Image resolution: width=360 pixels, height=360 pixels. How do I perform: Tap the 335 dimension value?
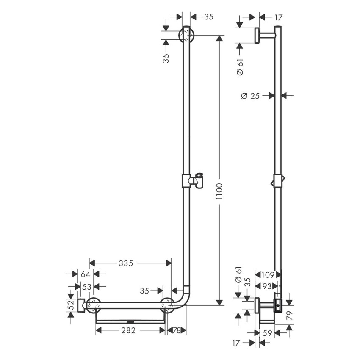tap(126, 263)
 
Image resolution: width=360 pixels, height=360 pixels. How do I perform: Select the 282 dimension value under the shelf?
tap(128, 331)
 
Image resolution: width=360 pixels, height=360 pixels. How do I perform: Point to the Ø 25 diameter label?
tap(250, 96)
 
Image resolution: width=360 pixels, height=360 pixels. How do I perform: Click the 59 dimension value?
tap(268, 333)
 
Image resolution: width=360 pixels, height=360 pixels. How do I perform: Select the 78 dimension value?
tap(177, 331)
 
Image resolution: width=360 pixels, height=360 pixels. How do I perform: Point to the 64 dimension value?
tap(86, 274)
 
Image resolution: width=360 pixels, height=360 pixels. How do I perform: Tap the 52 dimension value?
tap(71, 305)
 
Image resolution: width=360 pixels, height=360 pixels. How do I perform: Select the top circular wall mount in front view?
tap(186, 35)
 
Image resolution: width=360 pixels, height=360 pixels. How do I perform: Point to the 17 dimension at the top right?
tap(278, 17)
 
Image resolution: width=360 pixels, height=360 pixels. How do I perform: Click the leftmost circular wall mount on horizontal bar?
tap(93, 305)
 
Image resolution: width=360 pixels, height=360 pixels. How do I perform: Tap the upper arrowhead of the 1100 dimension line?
tap(219, 38)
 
